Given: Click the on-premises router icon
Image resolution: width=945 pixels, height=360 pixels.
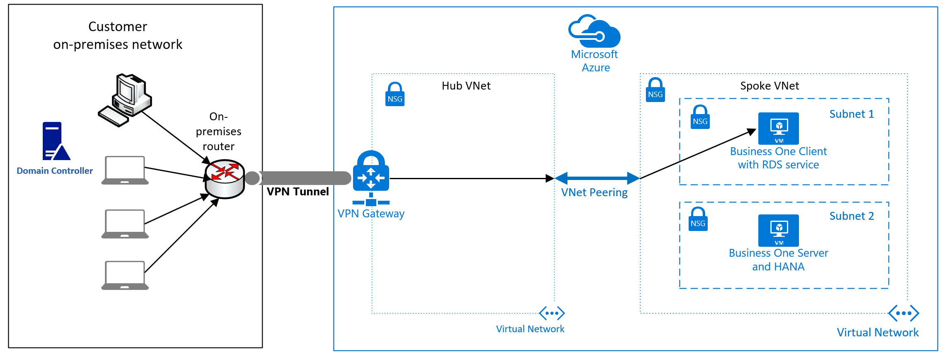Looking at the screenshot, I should [225, 179].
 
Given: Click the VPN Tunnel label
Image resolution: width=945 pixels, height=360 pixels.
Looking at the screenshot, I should [297, 192].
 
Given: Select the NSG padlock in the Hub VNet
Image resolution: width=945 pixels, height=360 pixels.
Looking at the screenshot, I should [395, 95].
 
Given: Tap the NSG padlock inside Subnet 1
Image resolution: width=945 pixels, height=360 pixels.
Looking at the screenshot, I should [700, 117].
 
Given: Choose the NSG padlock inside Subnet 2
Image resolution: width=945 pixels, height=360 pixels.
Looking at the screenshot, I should [698, 219].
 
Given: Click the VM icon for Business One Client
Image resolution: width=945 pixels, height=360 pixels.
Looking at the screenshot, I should [778, 128].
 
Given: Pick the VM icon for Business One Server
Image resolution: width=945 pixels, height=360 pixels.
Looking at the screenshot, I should [778, 230].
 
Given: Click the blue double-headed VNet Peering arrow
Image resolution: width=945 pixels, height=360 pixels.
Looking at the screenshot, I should [597, 178].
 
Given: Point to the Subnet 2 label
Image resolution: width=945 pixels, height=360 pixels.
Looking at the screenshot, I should [851, 216].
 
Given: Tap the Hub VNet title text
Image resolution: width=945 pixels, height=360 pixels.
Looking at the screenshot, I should [466, 86].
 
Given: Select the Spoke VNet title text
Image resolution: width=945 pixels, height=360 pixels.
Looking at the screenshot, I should [769, 86].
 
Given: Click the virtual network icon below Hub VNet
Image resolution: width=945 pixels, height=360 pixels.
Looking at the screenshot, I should [551, 314].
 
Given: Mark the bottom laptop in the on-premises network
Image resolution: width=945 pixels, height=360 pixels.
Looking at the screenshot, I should [125, 275].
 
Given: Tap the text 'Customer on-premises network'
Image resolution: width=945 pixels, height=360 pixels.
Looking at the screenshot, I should [118, 36].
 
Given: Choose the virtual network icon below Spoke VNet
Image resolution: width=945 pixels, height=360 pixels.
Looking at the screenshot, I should [903, 314].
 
